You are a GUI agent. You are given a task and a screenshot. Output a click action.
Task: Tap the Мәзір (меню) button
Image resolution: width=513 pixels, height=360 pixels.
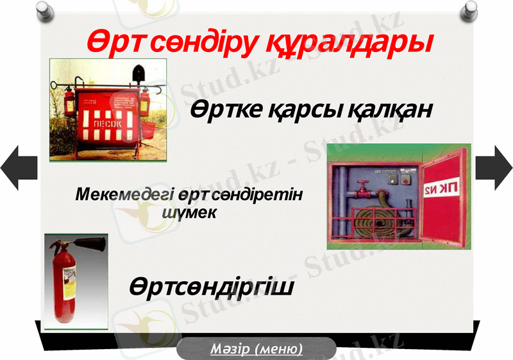[x=256, y=349]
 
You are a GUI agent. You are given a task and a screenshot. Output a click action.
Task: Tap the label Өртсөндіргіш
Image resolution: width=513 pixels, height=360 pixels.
[x=212, y=287]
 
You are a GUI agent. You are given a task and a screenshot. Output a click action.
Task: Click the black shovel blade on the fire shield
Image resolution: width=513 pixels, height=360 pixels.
[x=137, y=73]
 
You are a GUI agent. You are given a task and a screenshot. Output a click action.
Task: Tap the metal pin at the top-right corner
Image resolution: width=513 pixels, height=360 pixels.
[x=471, y=9]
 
